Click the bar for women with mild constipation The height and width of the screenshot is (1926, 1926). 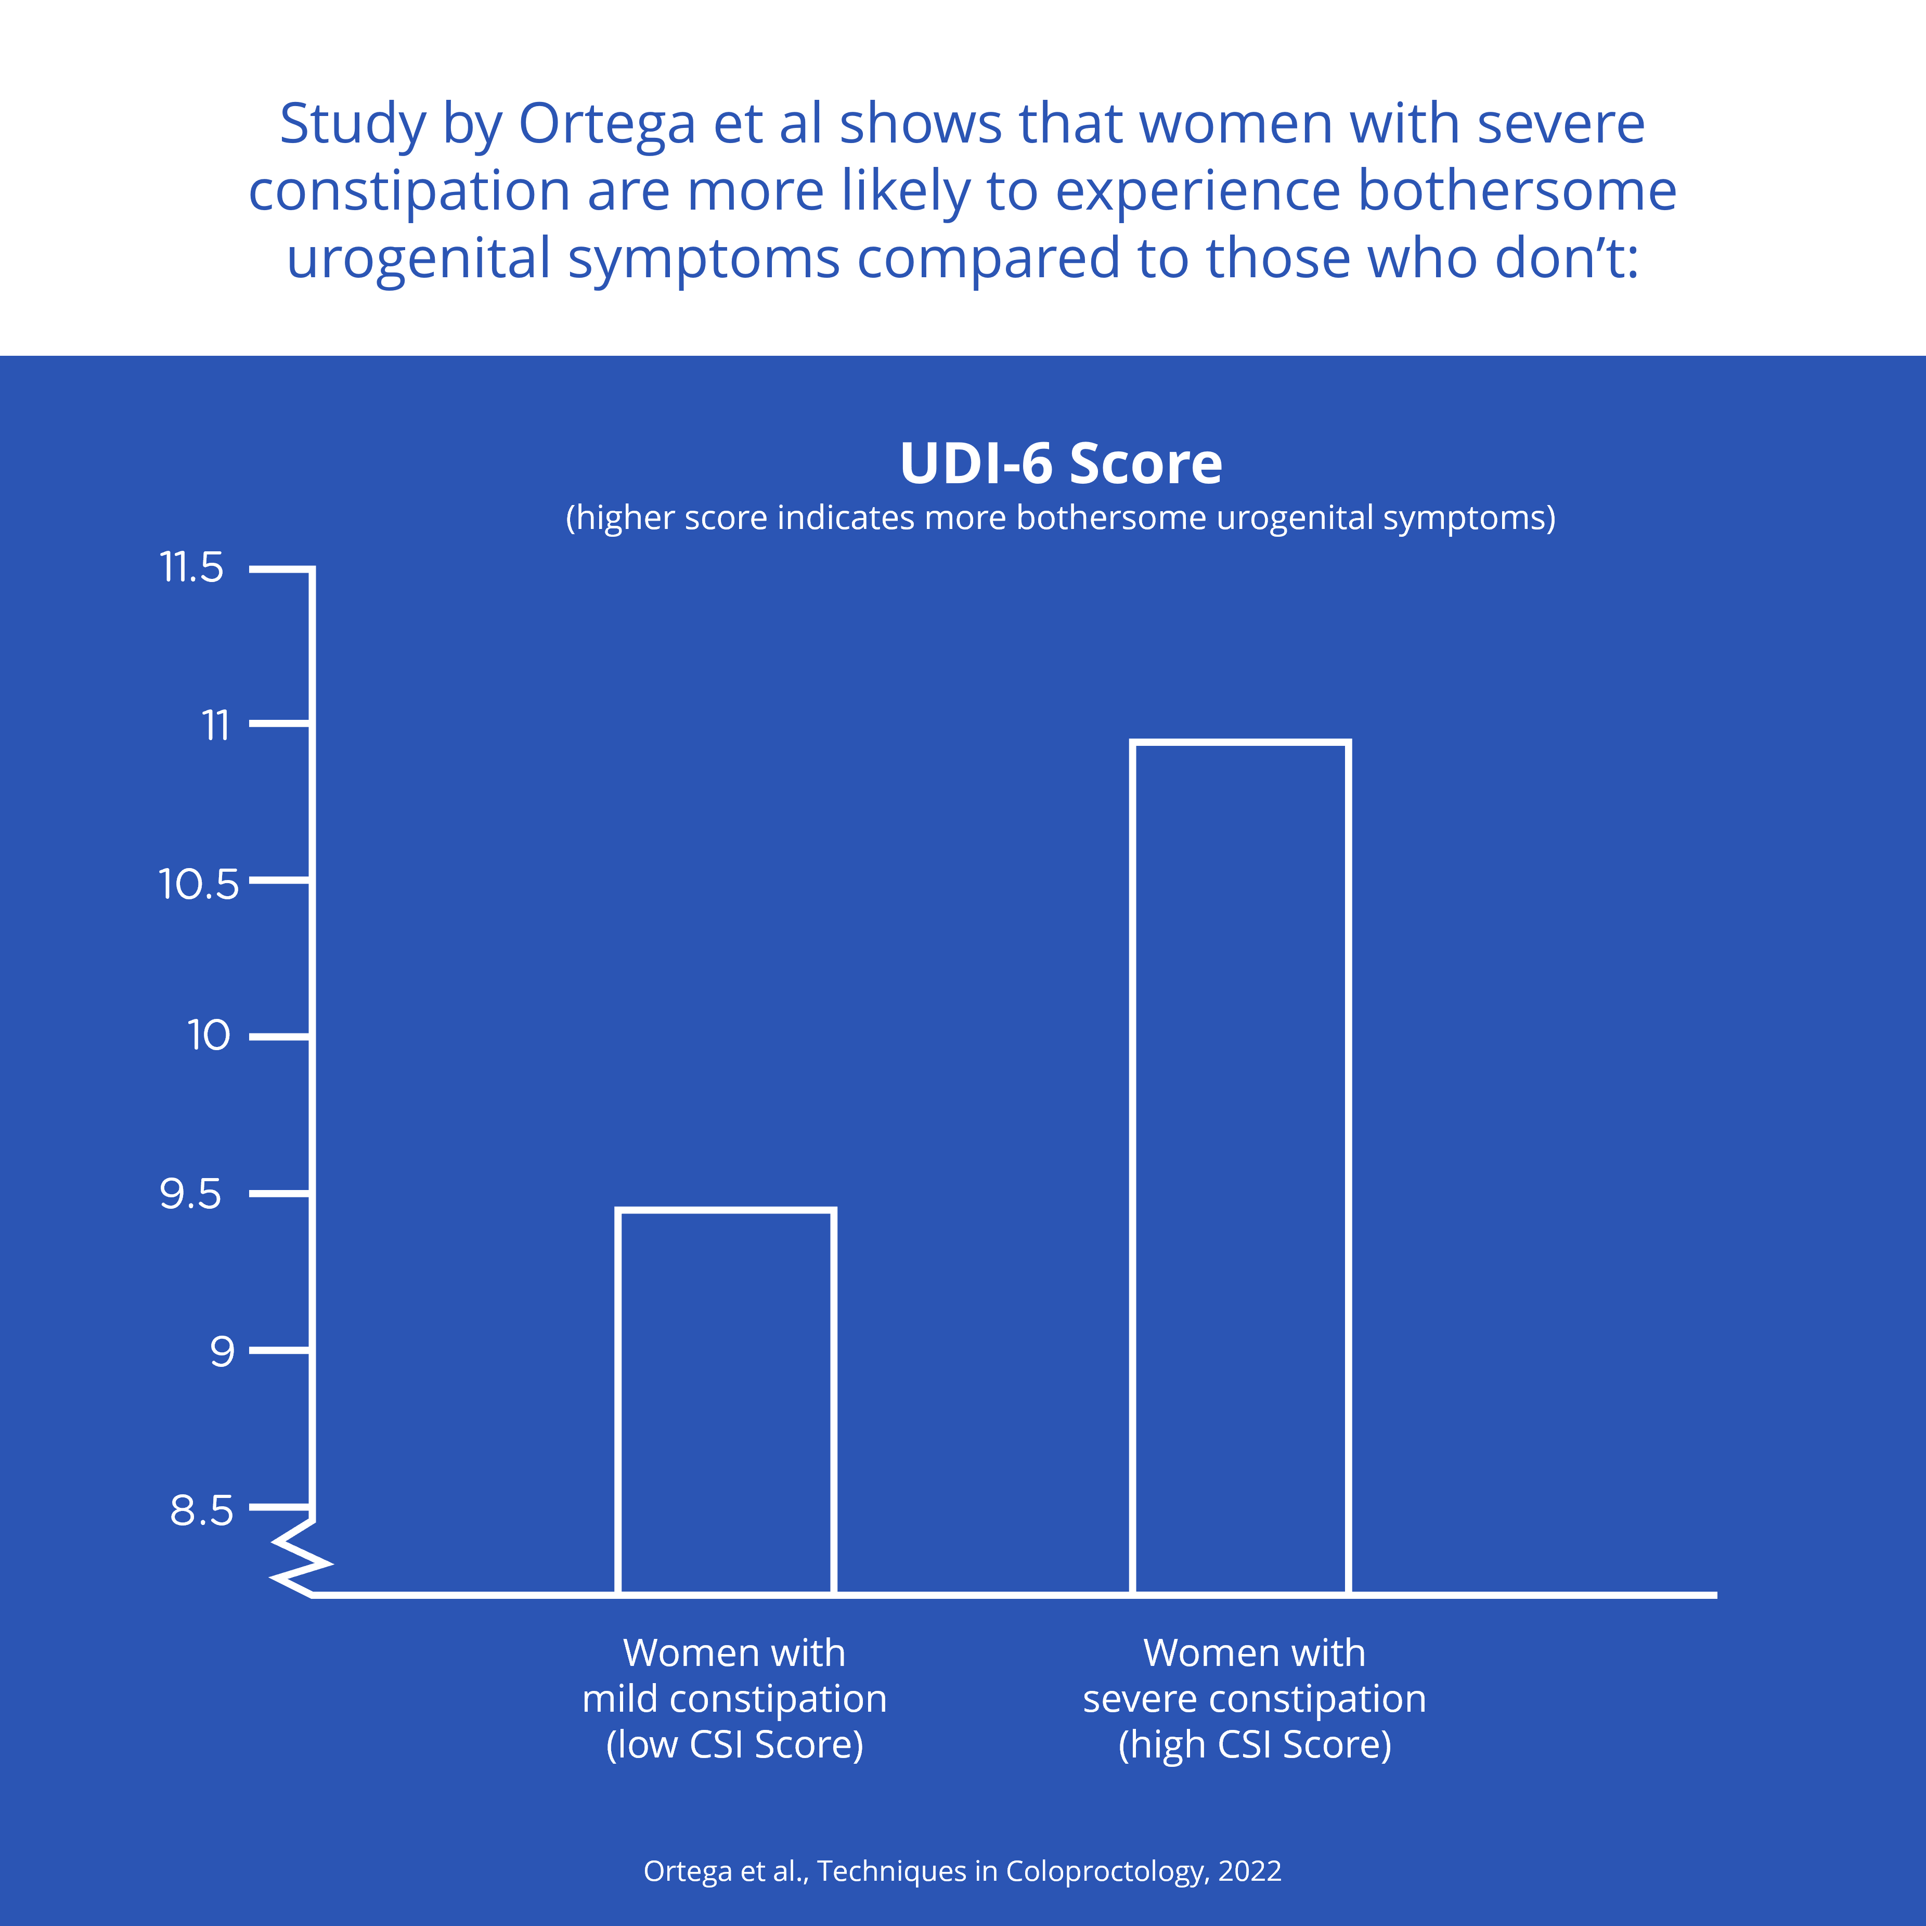[x=726, y=1401]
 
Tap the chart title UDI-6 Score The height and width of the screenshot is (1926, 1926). [x=1061, y=463]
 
